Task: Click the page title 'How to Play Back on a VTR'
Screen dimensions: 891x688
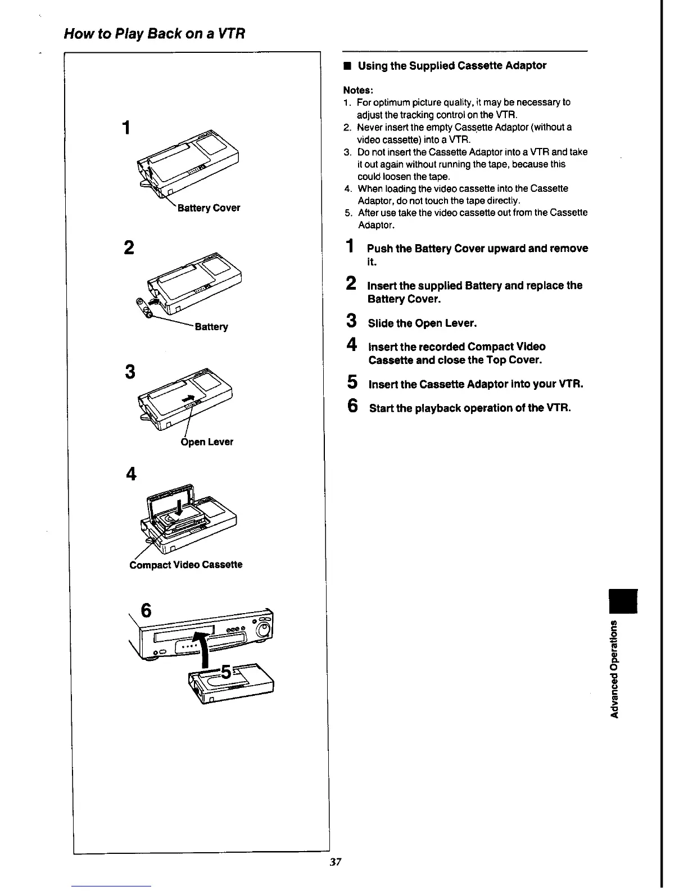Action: click(x=155, y=34)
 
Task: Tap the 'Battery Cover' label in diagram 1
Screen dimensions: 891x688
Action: click(x=209, y=208)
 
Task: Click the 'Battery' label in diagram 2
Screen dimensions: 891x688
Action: click(x=211, y=327)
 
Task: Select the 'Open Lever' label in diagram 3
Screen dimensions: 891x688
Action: click(x=207, y=442)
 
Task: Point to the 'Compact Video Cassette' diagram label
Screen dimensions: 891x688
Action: click(x=186, y=565)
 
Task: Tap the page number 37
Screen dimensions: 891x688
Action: click(x=336, y=862)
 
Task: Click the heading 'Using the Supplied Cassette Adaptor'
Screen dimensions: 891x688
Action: click(x=452, y=66)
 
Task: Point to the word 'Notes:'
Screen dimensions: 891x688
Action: click(x=358, y=90)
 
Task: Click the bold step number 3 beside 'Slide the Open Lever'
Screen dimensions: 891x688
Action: click(x=351, y=322)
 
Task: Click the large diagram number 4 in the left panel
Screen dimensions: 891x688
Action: click(x=131, y=475)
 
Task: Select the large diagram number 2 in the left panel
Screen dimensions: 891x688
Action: click(x=129, y=247)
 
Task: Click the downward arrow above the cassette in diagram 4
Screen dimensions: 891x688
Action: click(x=179, y=508)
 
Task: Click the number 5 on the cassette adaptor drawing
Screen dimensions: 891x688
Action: click(x=226, y=671)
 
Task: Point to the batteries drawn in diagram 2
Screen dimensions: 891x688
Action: click(x=144, y=309)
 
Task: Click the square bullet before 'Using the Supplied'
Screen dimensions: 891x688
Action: click(x=347, y=66)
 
